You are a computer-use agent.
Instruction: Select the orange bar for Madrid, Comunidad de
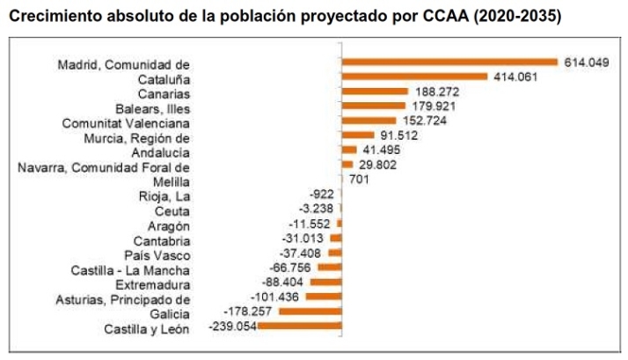[x=449, y=62]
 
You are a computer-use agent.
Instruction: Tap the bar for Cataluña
[x=414, y=77]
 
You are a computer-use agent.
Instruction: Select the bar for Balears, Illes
[x=373, y=107]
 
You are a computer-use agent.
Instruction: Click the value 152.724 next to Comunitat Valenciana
[x=424, y=121]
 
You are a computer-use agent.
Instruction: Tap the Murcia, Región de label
[x=137, y=138]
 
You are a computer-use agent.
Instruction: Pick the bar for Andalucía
[x=349, y=150]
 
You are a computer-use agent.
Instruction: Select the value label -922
[x=320, y=194]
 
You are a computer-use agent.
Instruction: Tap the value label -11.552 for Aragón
[x=312, y=224]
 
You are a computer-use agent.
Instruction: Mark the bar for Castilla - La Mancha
[x=330, y=267]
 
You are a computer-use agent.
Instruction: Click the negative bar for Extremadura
[x=325, y=282]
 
